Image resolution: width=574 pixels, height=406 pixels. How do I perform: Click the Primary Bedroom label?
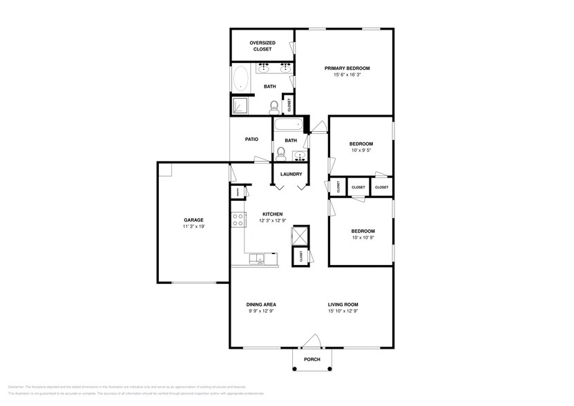347,68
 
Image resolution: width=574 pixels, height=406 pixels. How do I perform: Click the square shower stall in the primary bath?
240,106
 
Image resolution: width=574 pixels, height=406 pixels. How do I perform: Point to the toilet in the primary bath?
274,106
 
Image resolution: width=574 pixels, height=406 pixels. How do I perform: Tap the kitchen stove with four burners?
238,220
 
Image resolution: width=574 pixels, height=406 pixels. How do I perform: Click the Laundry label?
290,174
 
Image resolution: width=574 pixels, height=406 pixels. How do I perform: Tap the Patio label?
251,139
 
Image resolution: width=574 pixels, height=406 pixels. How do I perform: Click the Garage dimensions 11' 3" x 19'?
193,226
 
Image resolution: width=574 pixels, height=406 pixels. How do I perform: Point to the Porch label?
312,359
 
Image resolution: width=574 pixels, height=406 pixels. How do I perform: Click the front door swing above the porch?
312,340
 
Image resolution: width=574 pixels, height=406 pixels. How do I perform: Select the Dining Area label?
261,304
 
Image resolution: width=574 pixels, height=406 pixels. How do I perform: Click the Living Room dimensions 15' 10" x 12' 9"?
343,311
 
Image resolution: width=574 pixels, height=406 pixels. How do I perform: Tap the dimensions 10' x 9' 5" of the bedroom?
361,151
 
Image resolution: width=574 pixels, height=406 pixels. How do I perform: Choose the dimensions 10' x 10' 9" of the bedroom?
363,238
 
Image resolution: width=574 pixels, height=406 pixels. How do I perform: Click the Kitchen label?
271,214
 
